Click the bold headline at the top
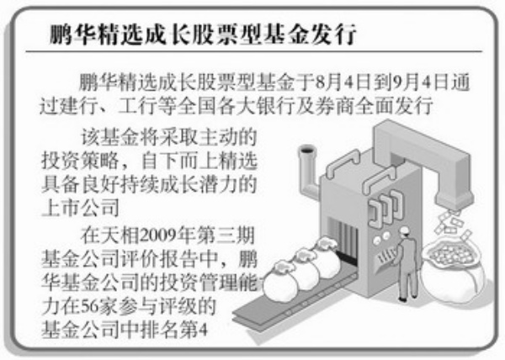click(203, 34)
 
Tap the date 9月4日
click(419, 83)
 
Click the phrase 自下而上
click(179, 160)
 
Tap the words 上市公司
click(80, 208)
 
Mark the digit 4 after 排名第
click(203, 331)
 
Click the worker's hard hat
click(404, 230)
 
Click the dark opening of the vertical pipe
click(306, 150)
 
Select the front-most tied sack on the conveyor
click(281, 281)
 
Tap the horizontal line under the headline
click(254, 51)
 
